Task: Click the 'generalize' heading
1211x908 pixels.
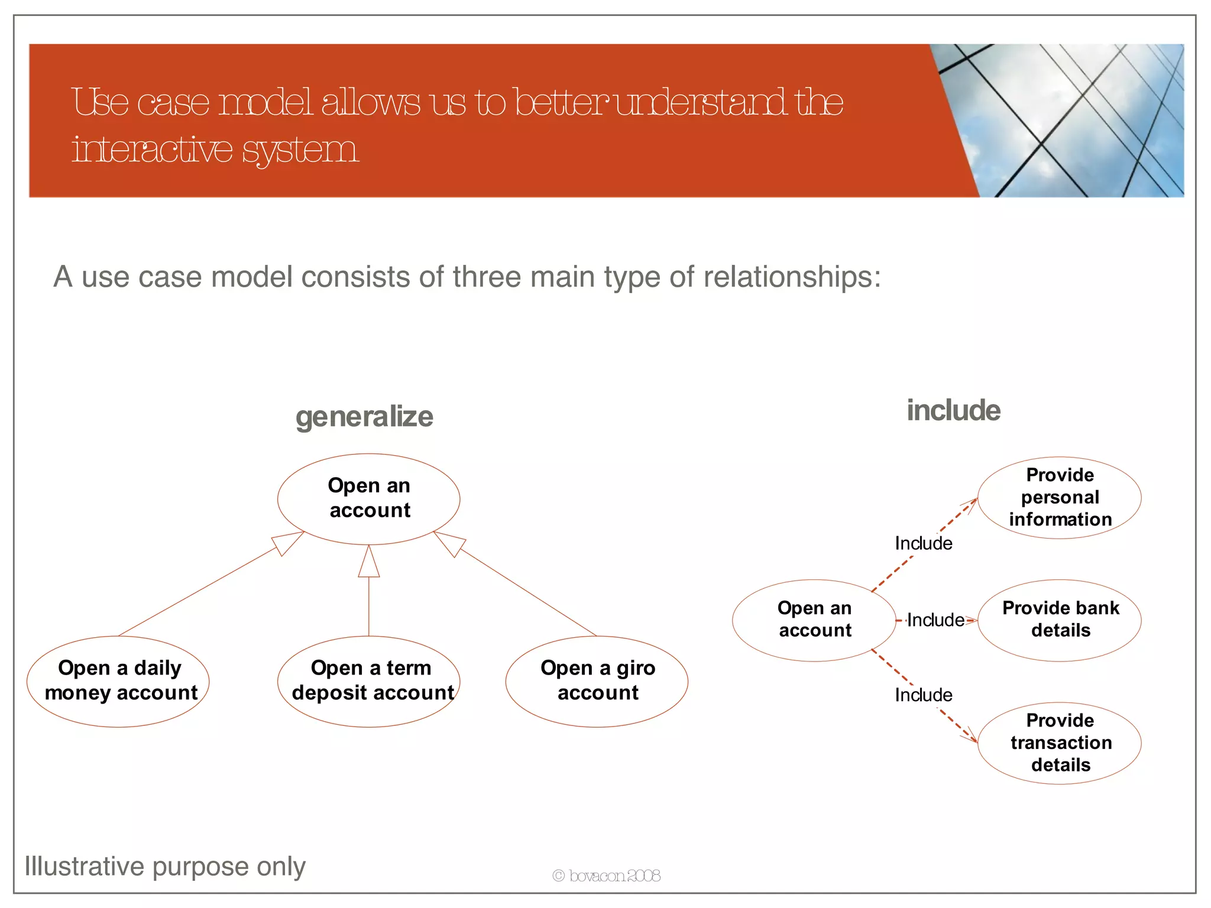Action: (364, 417)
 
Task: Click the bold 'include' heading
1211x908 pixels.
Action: (953, 410)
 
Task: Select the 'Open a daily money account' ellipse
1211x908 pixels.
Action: (118, 681)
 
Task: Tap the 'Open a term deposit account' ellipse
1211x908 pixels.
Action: (369, 681)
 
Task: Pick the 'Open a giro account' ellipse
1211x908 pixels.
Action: (597, 681)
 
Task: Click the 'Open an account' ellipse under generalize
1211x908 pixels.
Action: (369, 498)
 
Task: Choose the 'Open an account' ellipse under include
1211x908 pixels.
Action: (814, 620)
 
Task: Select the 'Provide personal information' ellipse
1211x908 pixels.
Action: (1060, 497)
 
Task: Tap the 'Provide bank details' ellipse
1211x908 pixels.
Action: (1060, 620)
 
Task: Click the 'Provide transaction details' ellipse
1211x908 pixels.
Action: (1060, 742)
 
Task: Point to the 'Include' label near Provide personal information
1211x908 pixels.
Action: (923, 543)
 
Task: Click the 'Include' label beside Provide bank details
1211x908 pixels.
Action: (935, 620)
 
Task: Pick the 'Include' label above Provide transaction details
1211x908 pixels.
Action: (923, 695)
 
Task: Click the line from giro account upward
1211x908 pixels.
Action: (526, 592)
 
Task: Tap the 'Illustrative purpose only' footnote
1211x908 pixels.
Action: (165, 867)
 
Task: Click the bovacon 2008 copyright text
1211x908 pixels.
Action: (606, 875)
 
